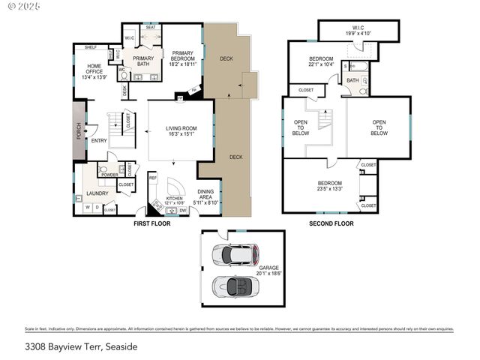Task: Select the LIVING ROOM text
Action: point(180,131)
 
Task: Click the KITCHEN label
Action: point(175,200)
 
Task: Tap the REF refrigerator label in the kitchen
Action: point(152,178)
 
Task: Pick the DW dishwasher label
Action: point(183,211)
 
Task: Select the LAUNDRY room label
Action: point(97,193)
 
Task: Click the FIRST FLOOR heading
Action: point(151,223)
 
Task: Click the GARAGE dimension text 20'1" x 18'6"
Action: point(269,274)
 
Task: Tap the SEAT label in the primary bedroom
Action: point(150,27)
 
